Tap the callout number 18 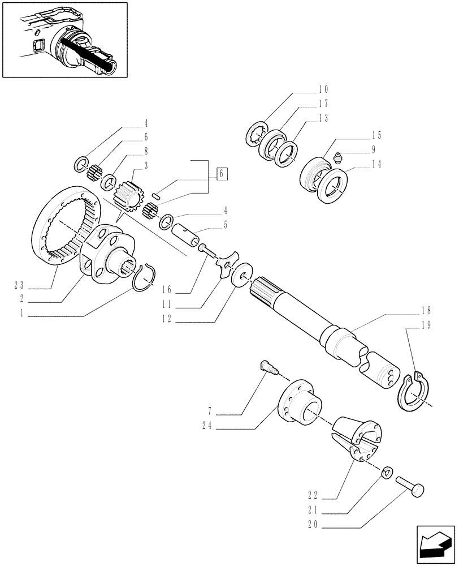click(x=426, y=310)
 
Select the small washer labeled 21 click(x=387, y=471)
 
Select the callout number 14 click(x=376, y=165)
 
